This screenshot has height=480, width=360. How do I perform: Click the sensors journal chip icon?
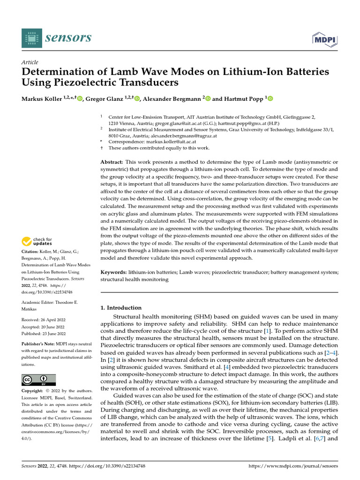(31, 37)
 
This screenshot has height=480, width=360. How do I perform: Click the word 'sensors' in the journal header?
(68, 37)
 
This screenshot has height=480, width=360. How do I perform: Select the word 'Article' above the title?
(30, 62)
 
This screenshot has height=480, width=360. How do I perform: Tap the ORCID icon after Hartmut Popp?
(270, 98)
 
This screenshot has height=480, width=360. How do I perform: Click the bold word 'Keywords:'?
(115, 272)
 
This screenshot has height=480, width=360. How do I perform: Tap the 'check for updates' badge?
(38, 242)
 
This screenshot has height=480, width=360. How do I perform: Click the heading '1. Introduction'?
(121, 307)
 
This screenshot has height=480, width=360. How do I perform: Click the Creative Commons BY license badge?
(39, 379)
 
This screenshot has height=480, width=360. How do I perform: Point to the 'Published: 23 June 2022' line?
(45, 334)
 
